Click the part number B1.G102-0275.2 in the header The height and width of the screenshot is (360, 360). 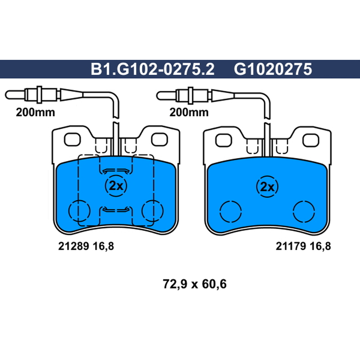click(x=153, y=69)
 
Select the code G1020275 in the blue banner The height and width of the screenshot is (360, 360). click(x=273, y=69)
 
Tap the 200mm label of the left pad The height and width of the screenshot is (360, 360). click(x=36, y=112)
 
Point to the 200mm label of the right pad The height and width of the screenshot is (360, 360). click(x=189, y=112)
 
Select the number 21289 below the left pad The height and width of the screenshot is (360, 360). click(x=73, y=246)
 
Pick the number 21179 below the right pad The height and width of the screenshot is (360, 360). click(x=291, y=246)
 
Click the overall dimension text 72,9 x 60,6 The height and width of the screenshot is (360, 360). click(x=195, y=284)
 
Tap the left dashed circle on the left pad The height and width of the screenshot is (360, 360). click(x=69, y=211)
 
